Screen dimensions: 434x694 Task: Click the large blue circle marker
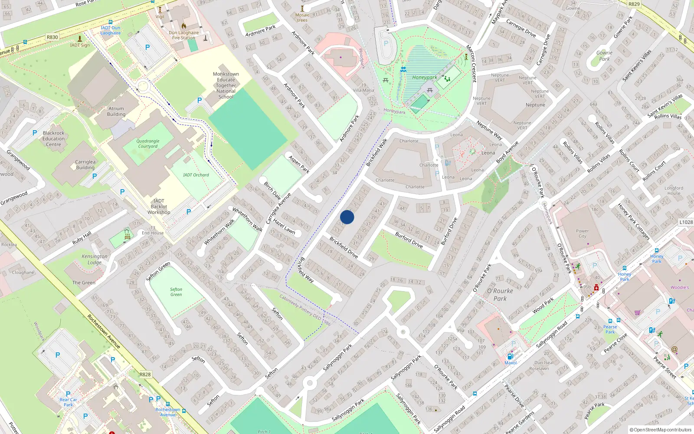(x=347, y=217)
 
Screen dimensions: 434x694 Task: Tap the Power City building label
(x=582, y=233)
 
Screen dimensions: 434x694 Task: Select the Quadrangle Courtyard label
(x=148, y=144)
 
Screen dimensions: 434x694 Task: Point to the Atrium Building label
(x=116, y=112)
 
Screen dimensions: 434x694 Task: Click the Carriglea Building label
(x=85, y=164)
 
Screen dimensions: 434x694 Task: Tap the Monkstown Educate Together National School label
(x=226, y=85)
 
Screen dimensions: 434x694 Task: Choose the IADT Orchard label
(x=196, y=175)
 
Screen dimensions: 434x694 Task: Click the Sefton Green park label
(x=176, y=292)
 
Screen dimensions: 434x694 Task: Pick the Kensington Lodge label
(x=94, y=259)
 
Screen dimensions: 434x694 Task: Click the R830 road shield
(x=52, y=37)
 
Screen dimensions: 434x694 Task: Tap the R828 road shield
(x=145, y=375)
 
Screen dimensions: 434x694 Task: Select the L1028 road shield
(x=686, y=222)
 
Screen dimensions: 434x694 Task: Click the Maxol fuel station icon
(x=510, y=357)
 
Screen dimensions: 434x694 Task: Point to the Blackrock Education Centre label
(x=53, y=139)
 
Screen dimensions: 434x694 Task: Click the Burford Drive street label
(x=409, y=240)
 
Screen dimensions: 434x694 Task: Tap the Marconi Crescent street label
(x=471, y=63)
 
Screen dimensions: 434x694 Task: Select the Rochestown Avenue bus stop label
(x=168, y=412)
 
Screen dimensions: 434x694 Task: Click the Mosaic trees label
(x=302, y=17)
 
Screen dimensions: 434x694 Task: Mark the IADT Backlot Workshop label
(x=159, y=207)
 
